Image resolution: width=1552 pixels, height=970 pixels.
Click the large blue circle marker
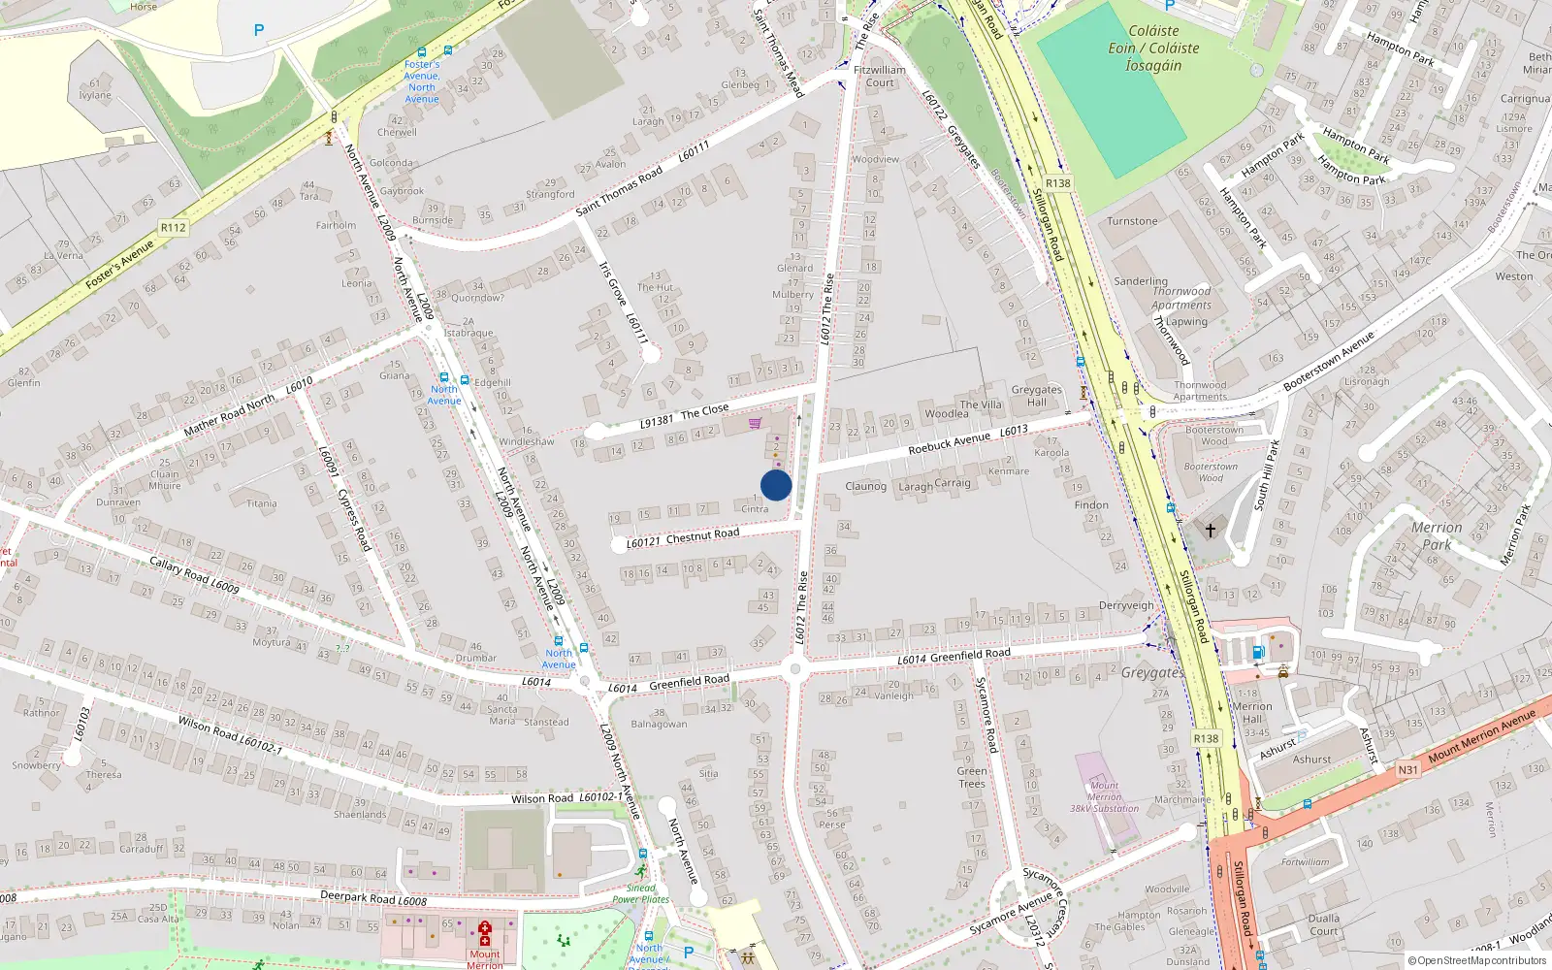[x=776, y=485]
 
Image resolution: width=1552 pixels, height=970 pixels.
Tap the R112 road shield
[x=174, y=228]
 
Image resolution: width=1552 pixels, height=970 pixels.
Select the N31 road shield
[x=1407, y=769]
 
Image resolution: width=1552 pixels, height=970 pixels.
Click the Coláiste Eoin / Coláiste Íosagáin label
[x=1153, y=48]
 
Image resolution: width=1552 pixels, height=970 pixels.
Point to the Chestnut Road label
[x=702, y=535]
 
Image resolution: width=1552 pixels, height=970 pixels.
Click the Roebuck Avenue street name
[x=949, y=443]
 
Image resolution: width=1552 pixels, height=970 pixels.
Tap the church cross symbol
[x=1211, y=531]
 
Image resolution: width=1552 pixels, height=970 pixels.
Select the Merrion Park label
[x=1436, y=535]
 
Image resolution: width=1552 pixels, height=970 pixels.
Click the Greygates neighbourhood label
[x=1152, y=672]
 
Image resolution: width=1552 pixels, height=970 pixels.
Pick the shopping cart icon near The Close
[x=755, y=423]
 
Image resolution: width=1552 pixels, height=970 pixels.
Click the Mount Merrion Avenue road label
[x=1481, y=735]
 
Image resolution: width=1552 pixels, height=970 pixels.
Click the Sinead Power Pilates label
[x=640, y=893]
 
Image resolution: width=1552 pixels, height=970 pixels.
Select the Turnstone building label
[x=1132, y=221]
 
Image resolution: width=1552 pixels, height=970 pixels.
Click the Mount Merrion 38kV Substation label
[x=1104, y=796]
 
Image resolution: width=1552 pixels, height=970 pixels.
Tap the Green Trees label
[x=971, y=777]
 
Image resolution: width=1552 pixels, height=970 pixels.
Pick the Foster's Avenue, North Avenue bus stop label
[x=422, y=81]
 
